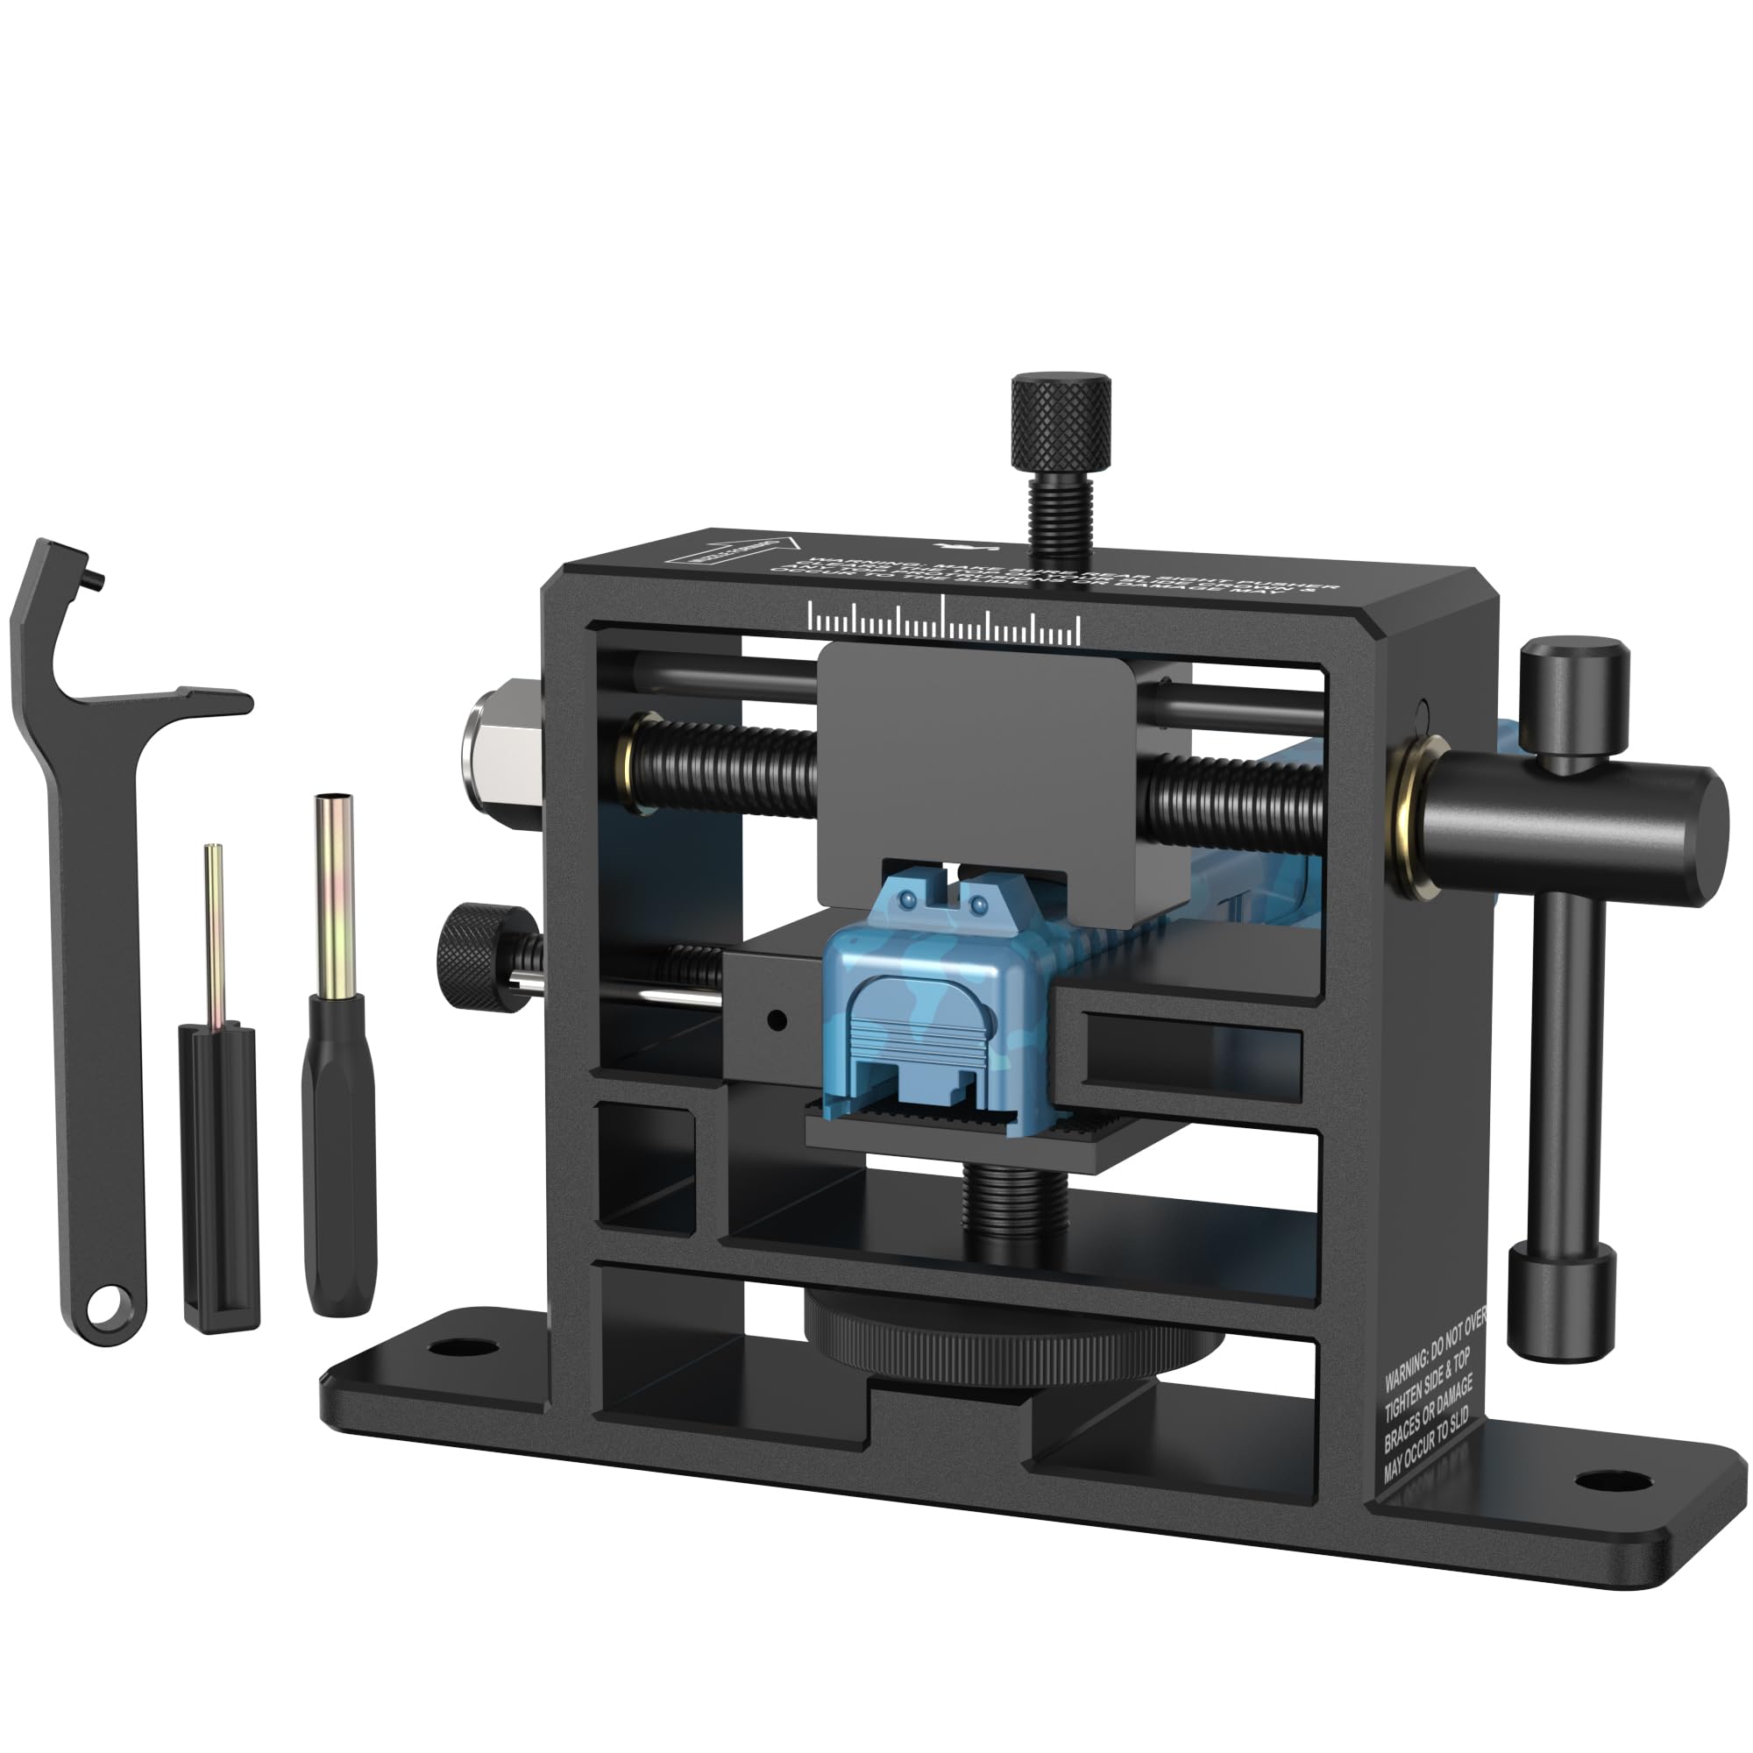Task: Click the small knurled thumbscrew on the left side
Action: (472, 952)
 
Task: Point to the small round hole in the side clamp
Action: (776, 1022)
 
